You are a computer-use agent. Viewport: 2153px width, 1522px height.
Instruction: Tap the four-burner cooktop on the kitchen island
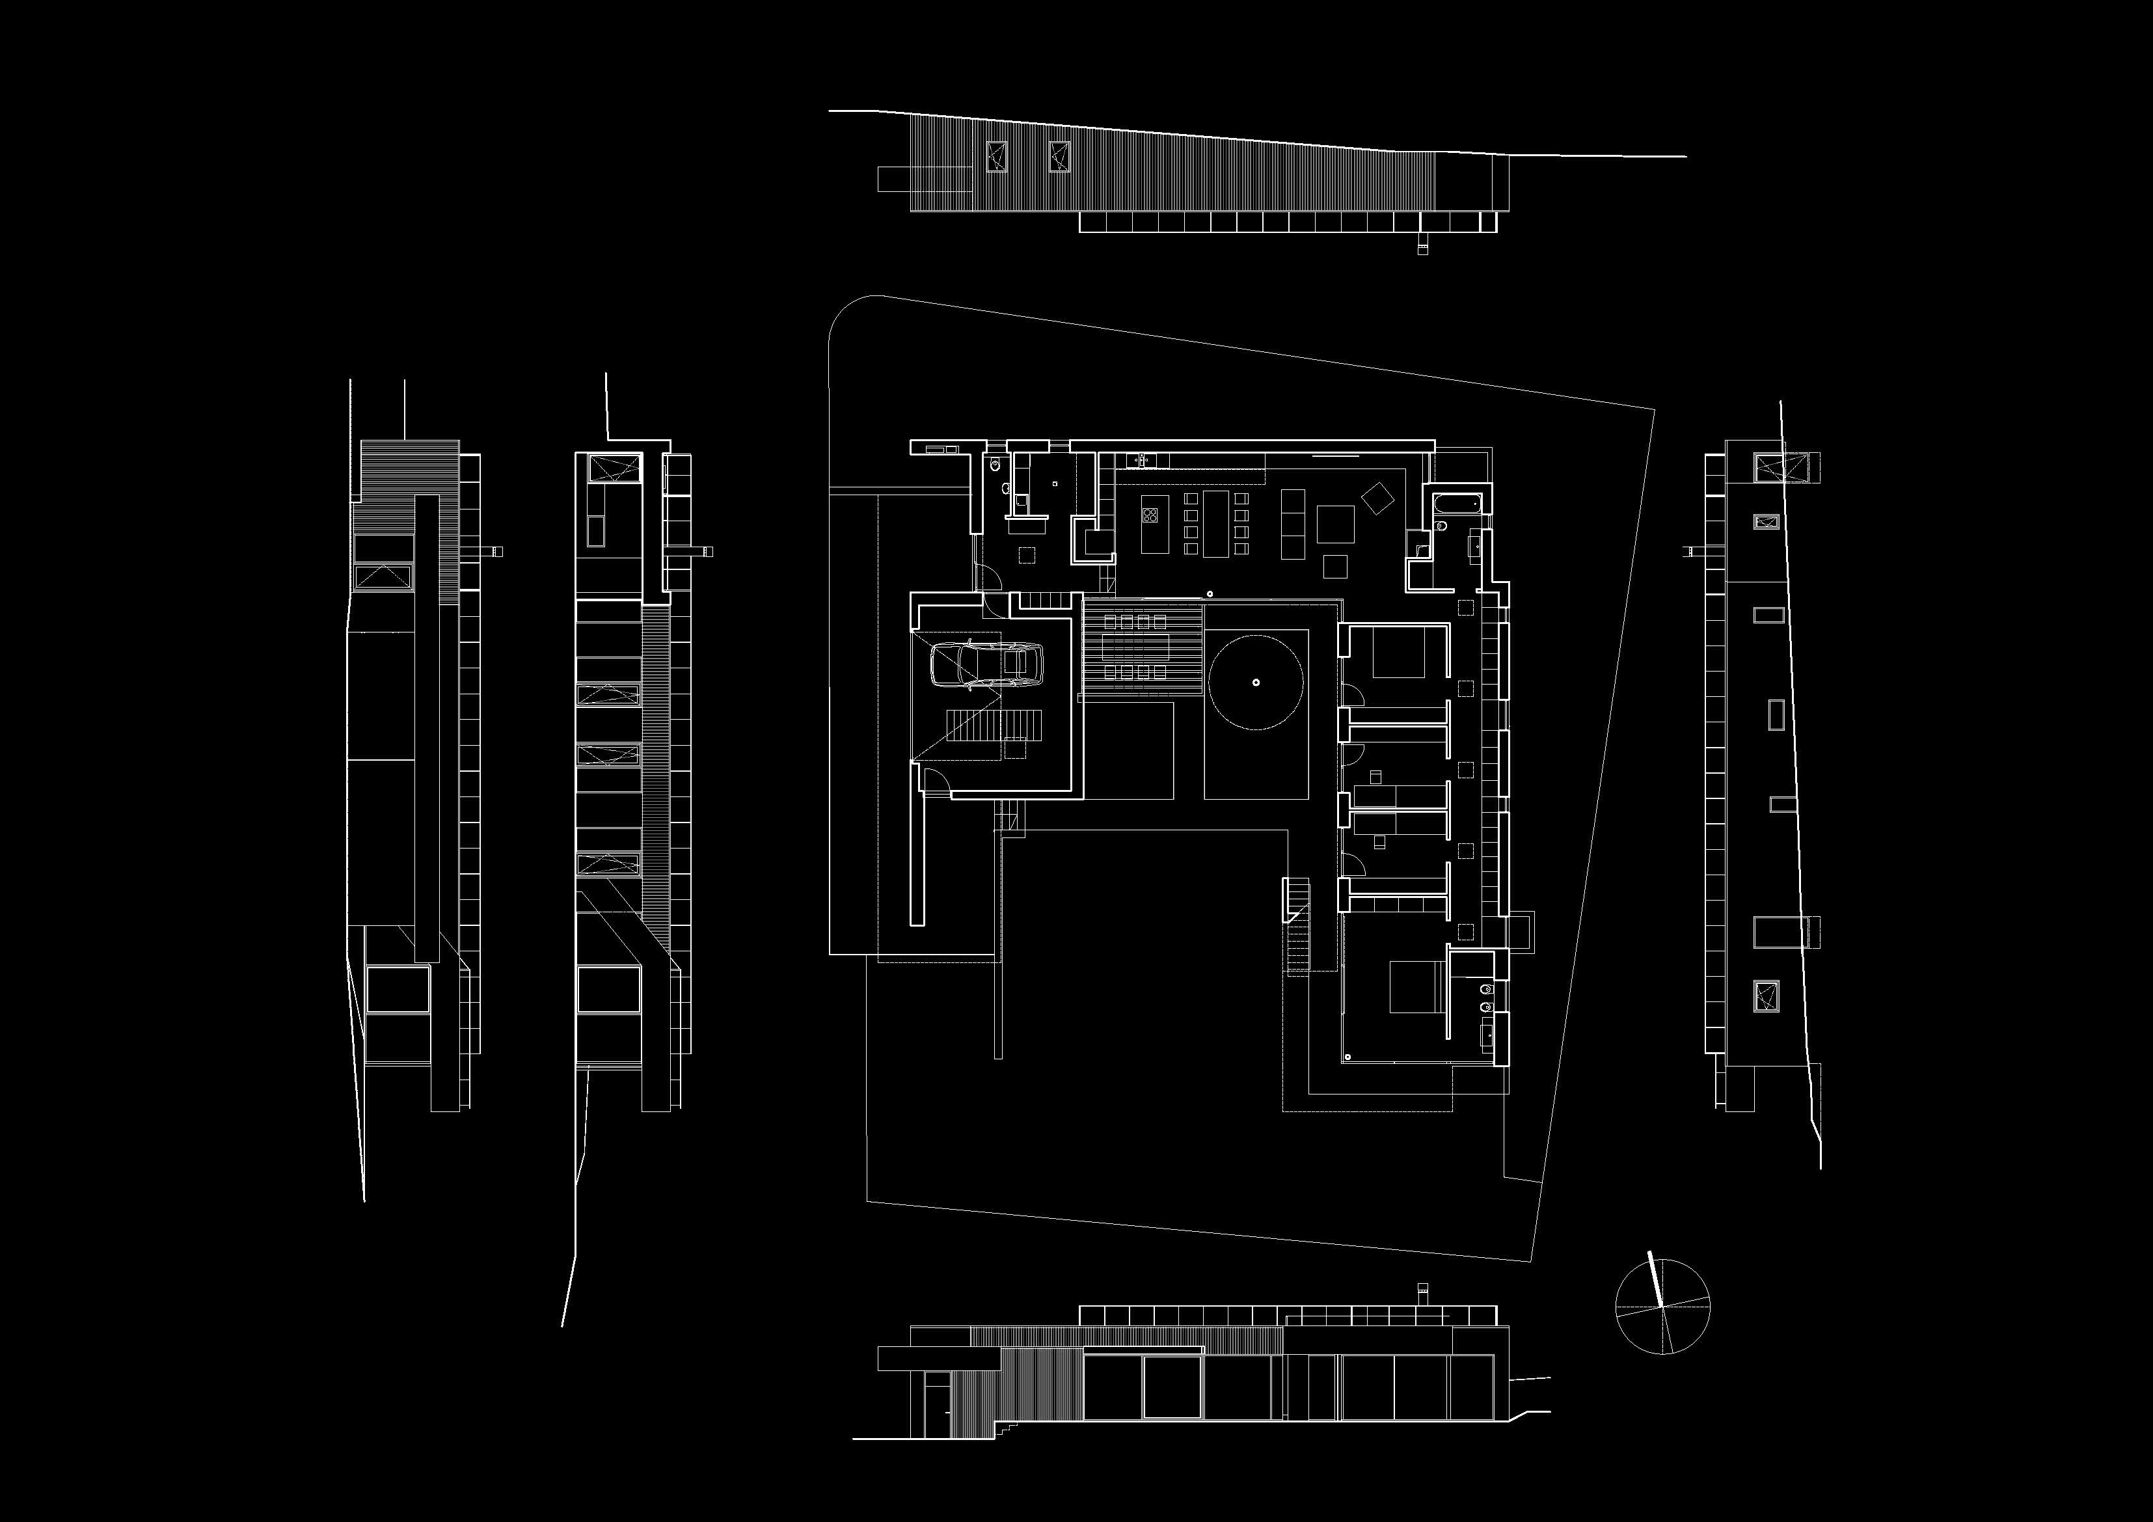1150,514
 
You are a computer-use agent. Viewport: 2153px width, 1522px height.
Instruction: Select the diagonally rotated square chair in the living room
1377,497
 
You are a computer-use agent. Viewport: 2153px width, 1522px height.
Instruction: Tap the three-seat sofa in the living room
1293,523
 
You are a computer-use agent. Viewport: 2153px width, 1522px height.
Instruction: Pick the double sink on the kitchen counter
1144,459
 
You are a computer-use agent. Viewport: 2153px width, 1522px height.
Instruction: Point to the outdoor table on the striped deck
1135,647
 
